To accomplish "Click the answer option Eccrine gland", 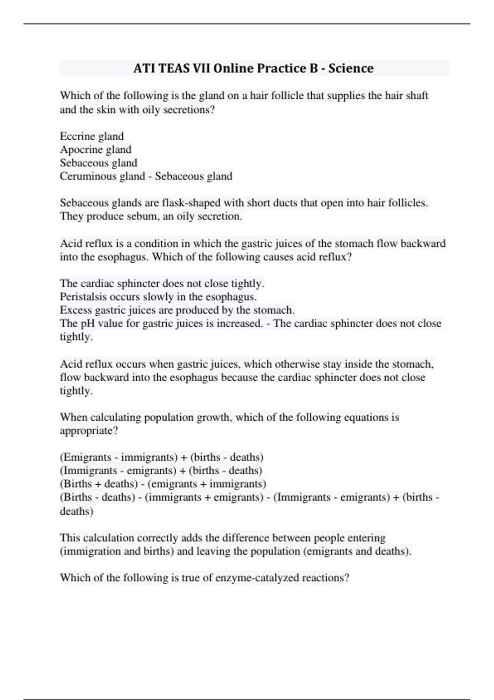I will (92, 136).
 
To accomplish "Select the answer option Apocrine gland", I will (96, 149).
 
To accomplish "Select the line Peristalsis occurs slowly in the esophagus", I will (158, 297).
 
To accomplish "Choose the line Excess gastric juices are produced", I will (177, 310).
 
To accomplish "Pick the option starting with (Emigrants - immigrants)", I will (161, 457).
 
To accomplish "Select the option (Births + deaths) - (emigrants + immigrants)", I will (163, 484).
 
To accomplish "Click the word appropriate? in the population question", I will (89, 431).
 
